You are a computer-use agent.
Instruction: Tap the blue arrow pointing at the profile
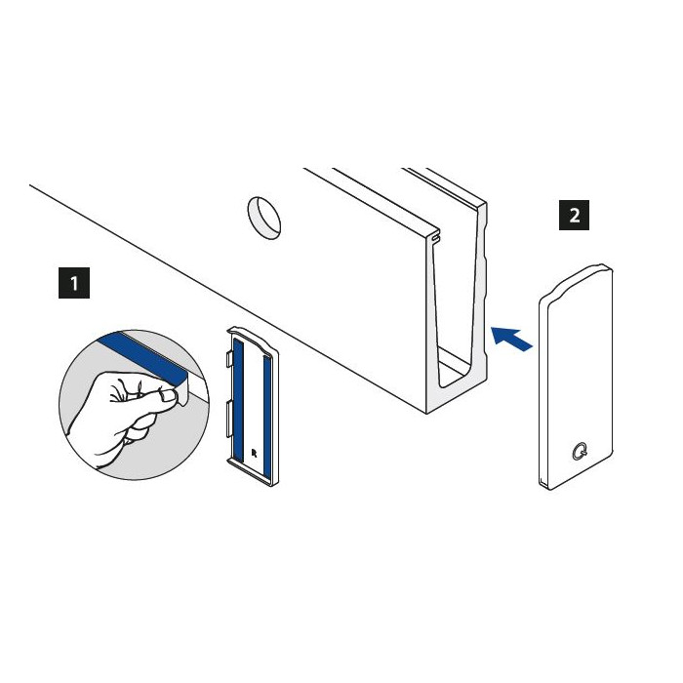511,338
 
